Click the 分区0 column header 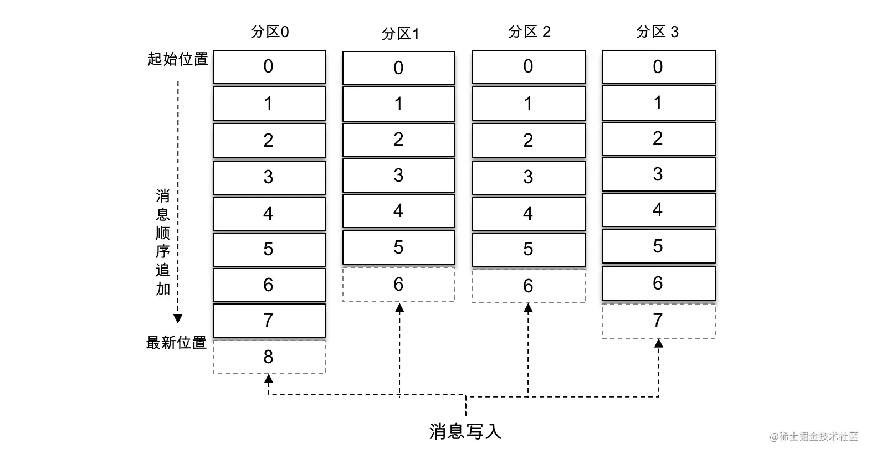[269, 32]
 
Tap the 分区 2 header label [529, 32]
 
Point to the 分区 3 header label [657, 32]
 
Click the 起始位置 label [178, 59]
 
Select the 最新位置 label [176, 343]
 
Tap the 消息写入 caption [465, 431]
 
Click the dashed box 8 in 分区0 [269, 357]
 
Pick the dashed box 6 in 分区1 [399, 285]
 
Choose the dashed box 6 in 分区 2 [529, 286]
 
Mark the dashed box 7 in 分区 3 [659, 321]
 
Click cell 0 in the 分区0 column [269, 67]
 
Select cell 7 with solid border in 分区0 [269, 321]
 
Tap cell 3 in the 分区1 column [399, 176]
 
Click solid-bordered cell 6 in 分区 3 [659, 283]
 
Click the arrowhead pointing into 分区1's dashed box [399, 308]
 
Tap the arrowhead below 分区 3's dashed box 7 [659, 343]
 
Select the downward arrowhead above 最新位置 [178, 319]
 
